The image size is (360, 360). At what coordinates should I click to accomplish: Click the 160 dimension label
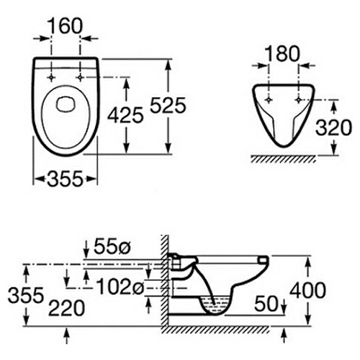click(65, 26)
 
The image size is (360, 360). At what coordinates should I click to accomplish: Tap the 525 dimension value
click(168, 105)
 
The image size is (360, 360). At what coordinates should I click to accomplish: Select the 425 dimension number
click(125, 115)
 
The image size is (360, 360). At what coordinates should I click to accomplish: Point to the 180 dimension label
click(282, 53)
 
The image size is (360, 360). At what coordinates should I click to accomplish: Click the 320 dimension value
click(333, 127)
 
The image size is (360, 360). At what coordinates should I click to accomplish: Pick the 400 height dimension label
click(307, 290)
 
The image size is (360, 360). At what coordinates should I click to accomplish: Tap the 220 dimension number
click(66, 308)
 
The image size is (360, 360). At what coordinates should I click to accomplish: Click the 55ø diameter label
click(112, 246)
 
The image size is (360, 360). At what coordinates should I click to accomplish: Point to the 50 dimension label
click(266, 304)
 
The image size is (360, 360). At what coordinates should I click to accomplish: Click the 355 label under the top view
click(65, 179)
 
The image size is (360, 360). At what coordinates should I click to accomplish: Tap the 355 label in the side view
click(26, 295)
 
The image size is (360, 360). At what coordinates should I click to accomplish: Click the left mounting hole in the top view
click(51, 78)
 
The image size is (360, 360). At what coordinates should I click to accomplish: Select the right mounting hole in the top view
click(80, 78)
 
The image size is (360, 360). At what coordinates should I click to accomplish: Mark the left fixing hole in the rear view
click(269, 100)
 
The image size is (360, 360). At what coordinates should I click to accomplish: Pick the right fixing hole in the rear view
click(298, 100)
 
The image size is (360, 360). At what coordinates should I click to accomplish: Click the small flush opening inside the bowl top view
click(66, 104)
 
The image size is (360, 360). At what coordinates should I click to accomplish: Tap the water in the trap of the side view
click(215, 304)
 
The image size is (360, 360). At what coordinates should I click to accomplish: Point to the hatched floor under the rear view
click(283, 159)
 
